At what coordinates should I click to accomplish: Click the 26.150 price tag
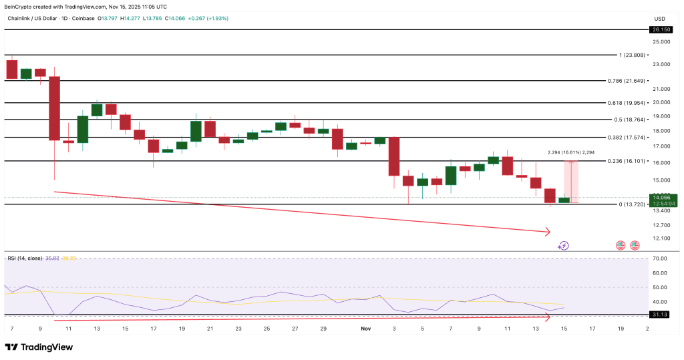pos(662,30)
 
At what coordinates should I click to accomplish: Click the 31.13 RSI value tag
pos(661,314)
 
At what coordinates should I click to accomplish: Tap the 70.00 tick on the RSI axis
pos(661,258)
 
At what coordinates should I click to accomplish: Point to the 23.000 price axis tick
pos(661,65)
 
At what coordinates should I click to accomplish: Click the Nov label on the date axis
pos(365,329)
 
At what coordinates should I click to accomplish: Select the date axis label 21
pos(210,329)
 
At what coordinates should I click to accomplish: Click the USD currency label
pos(660,19)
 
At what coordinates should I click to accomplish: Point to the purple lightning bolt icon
pos(563,246)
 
